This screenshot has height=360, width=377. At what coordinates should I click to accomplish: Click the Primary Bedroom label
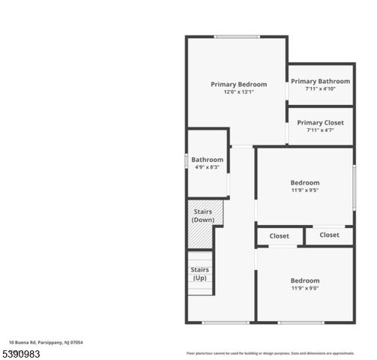coord(238,84)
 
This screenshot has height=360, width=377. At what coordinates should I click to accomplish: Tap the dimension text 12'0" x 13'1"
coord(238,92)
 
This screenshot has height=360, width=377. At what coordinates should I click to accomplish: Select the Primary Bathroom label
coord(320,81)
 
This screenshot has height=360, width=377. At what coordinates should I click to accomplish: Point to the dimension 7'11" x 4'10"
coord(320,88)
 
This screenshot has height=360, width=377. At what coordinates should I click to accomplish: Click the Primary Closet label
coord(320,122)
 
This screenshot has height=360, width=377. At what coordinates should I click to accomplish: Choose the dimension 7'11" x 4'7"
coord(320,130)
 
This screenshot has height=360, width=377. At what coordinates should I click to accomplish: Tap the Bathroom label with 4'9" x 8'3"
coord(207,159)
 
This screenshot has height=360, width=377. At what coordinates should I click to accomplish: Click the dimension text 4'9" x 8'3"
coord(207,166)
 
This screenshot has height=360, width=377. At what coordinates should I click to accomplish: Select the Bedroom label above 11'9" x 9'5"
coord(305,182)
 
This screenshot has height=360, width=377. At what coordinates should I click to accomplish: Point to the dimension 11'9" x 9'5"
coord(305,190)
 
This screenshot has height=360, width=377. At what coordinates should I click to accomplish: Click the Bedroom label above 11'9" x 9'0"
coord(305,280)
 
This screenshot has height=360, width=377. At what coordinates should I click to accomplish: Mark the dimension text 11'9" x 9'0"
coord(305,288)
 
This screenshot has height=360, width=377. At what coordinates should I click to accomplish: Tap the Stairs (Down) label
coord(202,215)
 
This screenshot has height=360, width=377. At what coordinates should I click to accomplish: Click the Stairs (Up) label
coord(199,274)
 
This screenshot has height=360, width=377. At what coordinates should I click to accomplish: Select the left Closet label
coord(280,236)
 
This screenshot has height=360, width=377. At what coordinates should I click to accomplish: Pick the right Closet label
coord(329,235)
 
